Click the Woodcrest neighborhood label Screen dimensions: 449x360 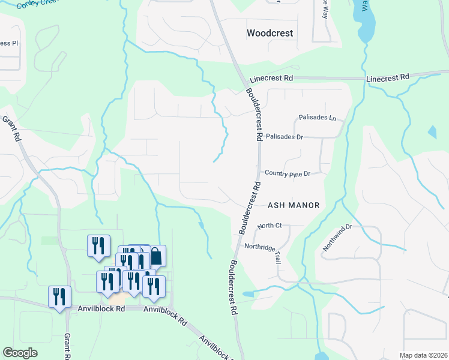tap(270, 34)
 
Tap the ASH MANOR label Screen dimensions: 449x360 tap(294, 205)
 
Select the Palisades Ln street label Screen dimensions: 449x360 tap(318, 118)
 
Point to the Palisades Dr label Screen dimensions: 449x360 tap(284, 137)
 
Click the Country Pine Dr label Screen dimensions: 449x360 tap(287, 174)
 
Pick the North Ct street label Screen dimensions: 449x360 tap(270, 226)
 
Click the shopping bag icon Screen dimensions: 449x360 tap(156, 256)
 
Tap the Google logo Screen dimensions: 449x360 tap(20, 353)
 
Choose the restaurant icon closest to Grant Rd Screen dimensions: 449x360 tap(59, 297)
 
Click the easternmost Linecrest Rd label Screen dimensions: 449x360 tap(387, 78)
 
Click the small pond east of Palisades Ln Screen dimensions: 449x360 tap(432, 131)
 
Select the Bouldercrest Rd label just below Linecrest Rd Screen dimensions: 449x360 tap(254, 115)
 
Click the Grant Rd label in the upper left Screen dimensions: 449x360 tap(11, 128)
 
